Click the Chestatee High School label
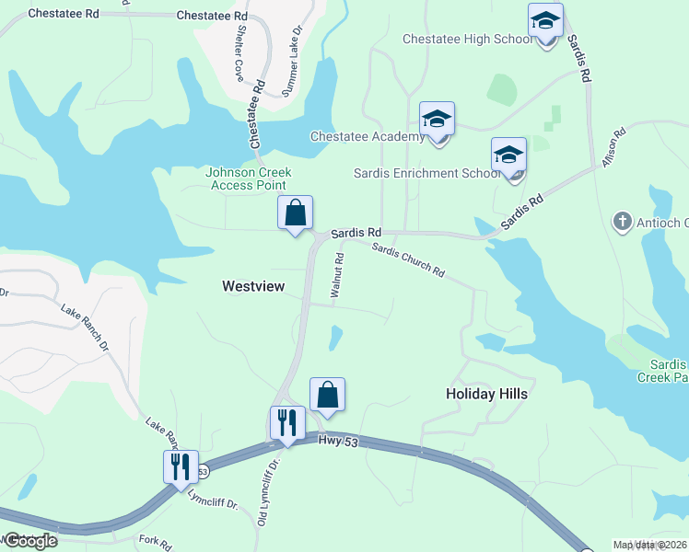tap(467, 39)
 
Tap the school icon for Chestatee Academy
tap(437, 120)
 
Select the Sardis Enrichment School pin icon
tap(508, 155)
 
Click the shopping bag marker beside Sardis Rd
tap(296, 213)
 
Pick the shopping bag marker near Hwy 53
tap(327, 396)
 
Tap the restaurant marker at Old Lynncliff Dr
tap(287, 424)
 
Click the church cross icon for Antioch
tap(623, 222)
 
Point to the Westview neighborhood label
tap(253, 287)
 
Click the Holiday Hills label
tap(486, 394)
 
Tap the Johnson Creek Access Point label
tap(248, 178)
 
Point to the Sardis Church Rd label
tap(408, 260)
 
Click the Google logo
tap(30, 541)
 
